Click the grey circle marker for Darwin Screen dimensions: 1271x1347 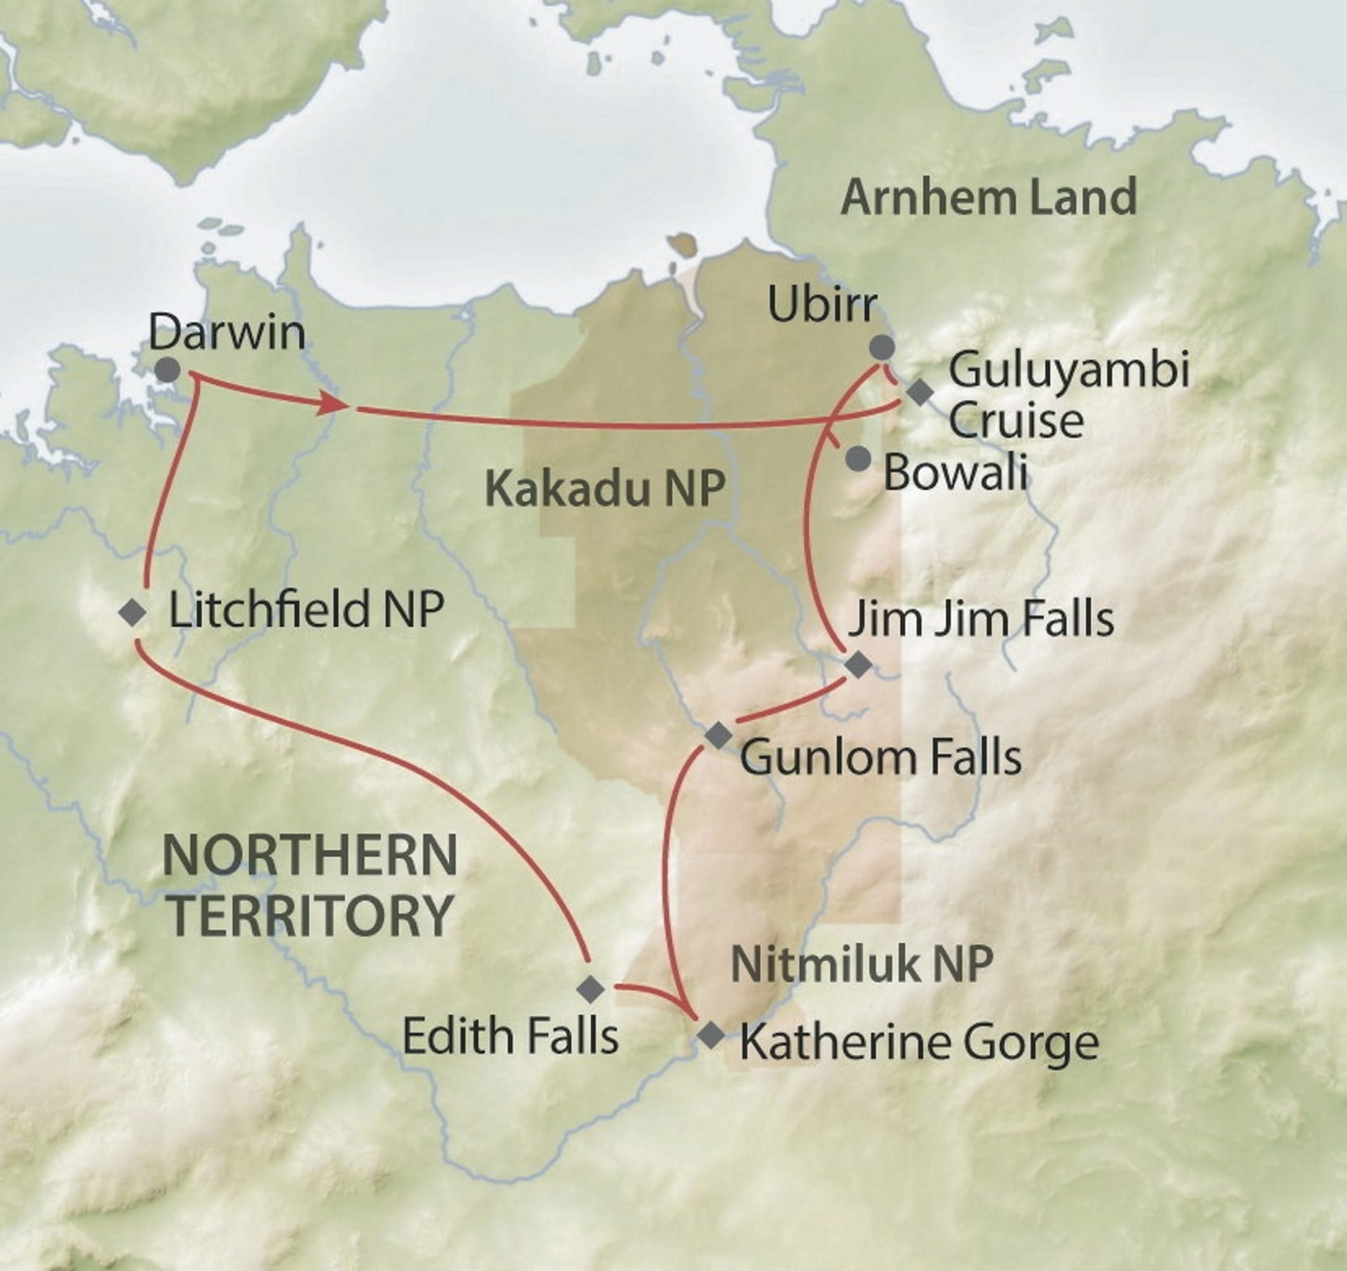pyautogui.click(x=167, y=370)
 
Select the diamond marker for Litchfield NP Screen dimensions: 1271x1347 pyautogui.click(x=133, y=613)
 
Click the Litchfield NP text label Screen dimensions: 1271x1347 pyautogui.click(x=307, y=608)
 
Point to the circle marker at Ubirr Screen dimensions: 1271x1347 pyautogui.click(x=882, y=347)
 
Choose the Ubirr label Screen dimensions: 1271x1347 pyautogui.click(x=822, y=305)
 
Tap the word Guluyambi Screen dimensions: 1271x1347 pyautogui.click(x=1068, y=371)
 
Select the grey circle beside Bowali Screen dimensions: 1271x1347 pyautogui.click(x=857, y=460)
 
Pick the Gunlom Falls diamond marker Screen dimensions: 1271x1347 pyautogui.click(x=718, y=736)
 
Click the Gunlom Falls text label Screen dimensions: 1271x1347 pyautogui.click(x=880, y=758)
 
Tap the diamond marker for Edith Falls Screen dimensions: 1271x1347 pyautogui.click(x=590, y=989)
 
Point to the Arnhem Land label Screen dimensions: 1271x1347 pyautogui.click(x=989, y=197)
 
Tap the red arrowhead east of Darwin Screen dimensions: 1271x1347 pyautogui.click(x=335, y=405)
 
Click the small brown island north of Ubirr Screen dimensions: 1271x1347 pyautogui.click(x=679, y=246)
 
